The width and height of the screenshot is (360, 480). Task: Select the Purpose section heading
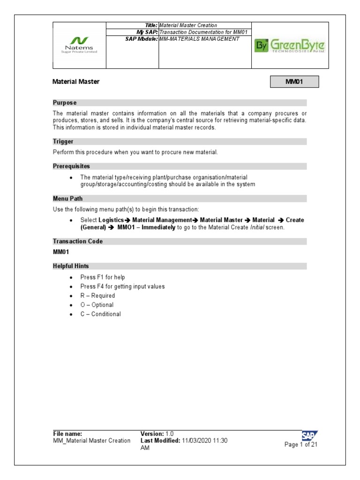click(65, 103)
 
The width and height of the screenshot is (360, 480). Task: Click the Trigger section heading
click(63, 142)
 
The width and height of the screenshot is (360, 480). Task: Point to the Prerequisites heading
click(71, 166)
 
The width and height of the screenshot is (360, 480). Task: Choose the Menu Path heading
click(67, 199)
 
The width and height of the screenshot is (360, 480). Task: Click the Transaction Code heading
click(78, 241)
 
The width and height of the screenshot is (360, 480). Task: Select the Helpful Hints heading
click(71, 266)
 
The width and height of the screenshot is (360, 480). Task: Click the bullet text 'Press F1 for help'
click(103, 277)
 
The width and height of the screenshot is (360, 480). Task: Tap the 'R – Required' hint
click(97, 296)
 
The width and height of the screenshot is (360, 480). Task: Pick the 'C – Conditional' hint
click(100, 314)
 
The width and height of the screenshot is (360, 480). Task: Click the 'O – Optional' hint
click(97, 305)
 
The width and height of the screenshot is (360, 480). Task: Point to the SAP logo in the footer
click(309, 435)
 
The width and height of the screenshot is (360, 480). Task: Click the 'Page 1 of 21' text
click(301, 445)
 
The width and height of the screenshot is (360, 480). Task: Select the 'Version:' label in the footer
click(152, 434)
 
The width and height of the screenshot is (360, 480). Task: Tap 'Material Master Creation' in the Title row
click(188, 25)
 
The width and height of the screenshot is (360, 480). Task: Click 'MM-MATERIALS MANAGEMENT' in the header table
click(199, 39)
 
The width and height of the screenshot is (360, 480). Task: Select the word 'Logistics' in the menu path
click(112, 220)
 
